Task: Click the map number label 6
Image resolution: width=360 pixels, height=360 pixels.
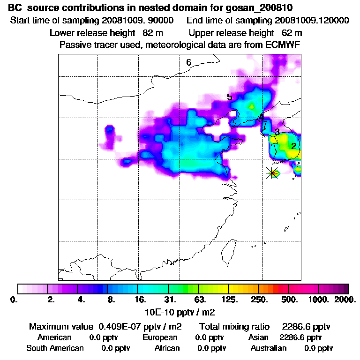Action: point(188,62)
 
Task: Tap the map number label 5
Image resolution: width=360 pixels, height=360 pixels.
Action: point(229,97)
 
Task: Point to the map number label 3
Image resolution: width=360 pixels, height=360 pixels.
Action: point(277,132)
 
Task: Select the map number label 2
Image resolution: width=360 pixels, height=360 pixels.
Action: point(293,146)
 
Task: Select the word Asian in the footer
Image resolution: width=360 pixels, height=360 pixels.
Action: point(258,337)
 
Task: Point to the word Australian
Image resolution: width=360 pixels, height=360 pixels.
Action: point(269,348)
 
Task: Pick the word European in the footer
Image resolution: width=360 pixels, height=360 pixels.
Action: point(160,337)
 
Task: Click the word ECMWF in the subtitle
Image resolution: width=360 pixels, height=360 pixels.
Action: point(285,45)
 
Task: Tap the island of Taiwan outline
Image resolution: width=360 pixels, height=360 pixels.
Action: point(228,251)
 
